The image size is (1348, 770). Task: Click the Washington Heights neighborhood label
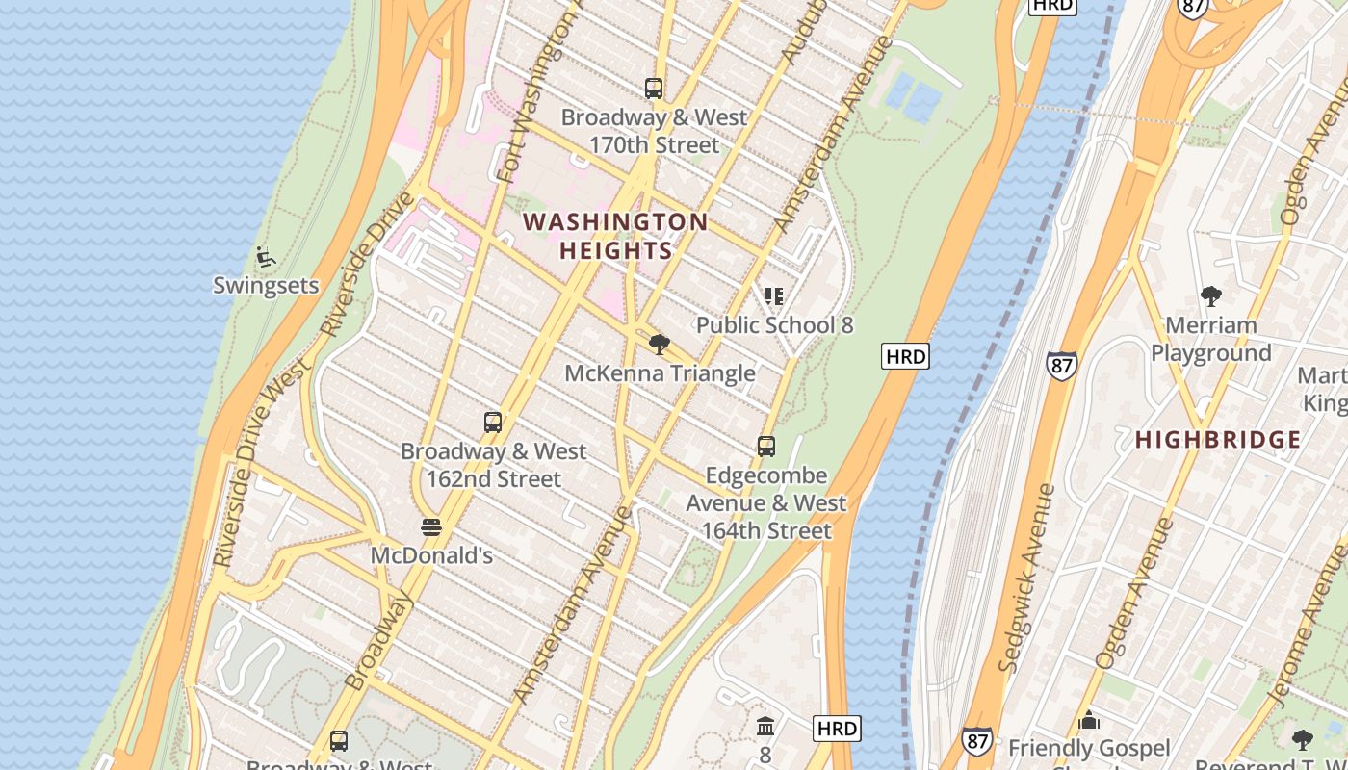pyautogui.click(x=615, y=237)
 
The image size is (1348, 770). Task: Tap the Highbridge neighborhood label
pyautogui.click(x=1218, y=440)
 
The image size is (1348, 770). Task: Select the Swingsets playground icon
pyautogui.click(x=266, y=258)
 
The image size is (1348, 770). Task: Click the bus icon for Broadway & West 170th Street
pyautogui.click(x=654, y=89)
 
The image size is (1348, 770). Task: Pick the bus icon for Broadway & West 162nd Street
pyautogui.click(x=493, y=423)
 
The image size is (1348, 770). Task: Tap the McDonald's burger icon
pyautogui.click(x=431, y=527)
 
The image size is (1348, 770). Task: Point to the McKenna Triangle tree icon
pyautogui.click(x=660, y=345)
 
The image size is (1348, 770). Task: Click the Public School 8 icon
pyautogui.click(x=774, y=296)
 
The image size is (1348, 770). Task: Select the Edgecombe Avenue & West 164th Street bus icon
pyautogui.click(x=766, y=447)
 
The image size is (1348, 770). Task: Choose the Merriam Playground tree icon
pyautogui.click(x=1210, y=296)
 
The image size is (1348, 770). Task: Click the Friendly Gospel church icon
pyautogui.click(x=1089, y=720)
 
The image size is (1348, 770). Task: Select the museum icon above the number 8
pyautogui.click(x=765, y=726)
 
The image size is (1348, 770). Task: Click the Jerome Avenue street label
pyautogui.click(x=1309, y=626)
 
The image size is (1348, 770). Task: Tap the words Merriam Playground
pyautogui.click(x=1210, y=339)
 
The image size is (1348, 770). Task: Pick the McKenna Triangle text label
pyautogui.click(x=660, y=373)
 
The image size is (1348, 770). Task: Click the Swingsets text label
pyautogui.click(x=266, y=286)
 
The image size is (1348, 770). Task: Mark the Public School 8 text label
pyautogui.click(x=774, y=325)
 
